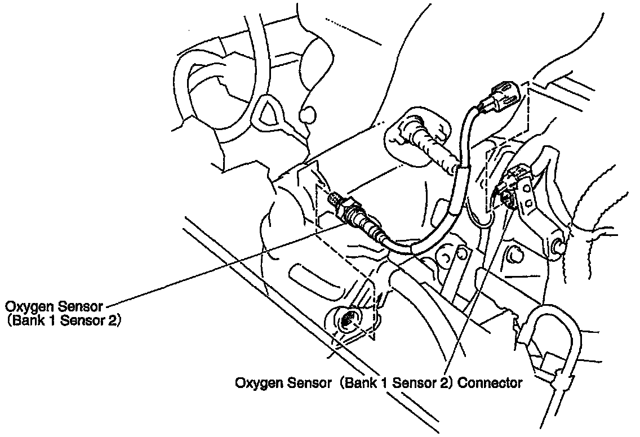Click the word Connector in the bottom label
[x=490, y=384]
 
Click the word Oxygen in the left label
[x=26, y=307]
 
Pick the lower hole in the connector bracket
[x=529, y=203]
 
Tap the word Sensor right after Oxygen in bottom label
[x=309, y=384]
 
